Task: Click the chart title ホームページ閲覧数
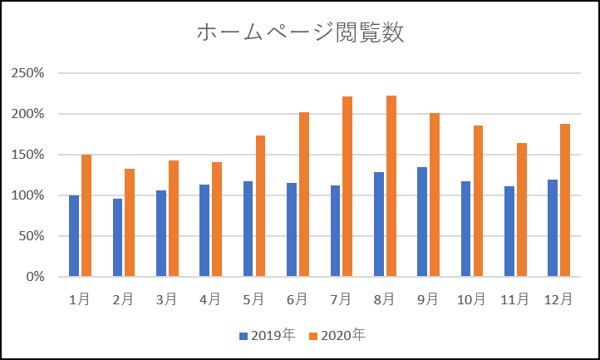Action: pyautogui.click(x=300, y=33)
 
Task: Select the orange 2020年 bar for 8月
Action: pyautogui.click(x=391, y=186)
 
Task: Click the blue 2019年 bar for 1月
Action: pyautogui.click(x=74, y=236)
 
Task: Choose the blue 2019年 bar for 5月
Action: pyautogui.click(x=248, y=229)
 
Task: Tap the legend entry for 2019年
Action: pyautogui.click(x=268, y=336)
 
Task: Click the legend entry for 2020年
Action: pyautogui.click(x=337, y=336)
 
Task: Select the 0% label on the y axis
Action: pyautogui.click(x=34, y=277)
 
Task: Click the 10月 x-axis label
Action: pyautogui.click(x=471, y=298)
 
